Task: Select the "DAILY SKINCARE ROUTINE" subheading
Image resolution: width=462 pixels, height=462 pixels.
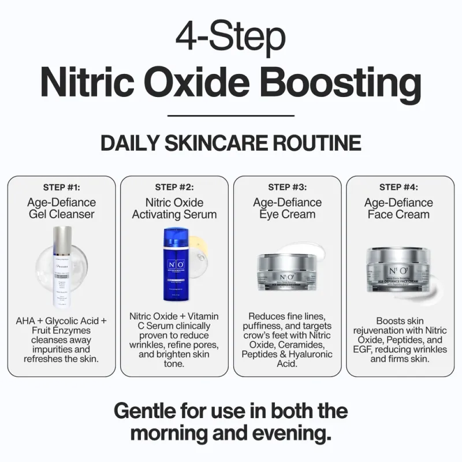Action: pos(230,143)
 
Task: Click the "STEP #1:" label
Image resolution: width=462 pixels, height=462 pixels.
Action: pos(62,187)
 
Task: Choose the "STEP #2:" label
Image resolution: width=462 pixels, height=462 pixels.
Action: pos(174,187)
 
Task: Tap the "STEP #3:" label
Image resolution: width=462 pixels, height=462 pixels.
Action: pos(287,187)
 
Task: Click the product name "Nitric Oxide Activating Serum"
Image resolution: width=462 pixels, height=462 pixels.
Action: pos(174,208)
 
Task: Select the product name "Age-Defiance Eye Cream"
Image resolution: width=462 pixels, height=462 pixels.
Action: pos(287,208)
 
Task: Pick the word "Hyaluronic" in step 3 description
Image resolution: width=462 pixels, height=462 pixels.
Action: pos(311,355)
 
